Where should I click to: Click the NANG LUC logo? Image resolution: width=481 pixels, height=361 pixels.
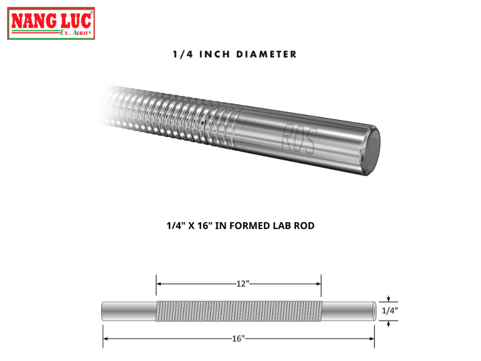51,24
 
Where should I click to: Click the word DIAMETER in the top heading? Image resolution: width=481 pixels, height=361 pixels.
266,55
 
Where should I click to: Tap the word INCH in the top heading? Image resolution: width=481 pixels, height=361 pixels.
214,55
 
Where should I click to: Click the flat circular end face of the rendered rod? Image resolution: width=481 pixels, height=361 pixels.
373,151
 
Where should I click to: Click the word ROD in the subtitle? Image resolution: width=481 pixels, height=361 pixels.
304,226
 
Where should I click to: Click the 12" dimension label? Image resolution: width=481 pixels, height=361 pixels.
243,283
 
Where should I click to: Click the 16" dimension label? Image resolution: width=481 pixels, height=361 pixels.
238,338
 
